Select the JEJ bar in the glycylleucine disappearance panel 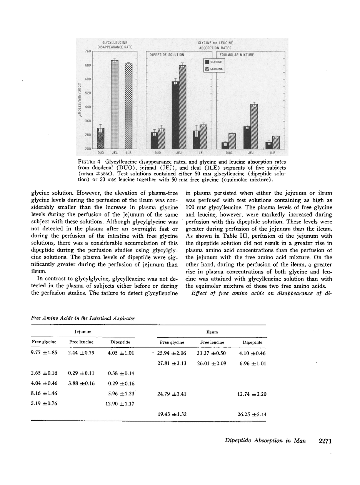pyautogui.click(x=114, y=104)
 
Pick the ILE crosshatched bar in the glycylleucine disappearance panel pyautogui.click(x=128, y=106)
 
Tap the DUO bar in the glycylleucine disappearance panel pyautogui.click(x=100, y=138)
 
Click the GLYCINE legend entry pyautogui.click(x=215, y=62)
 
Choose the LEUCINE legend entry pyautogui.click(x=215, y=69)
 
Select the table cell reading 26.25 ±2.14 pyautogui.click(x=252, y=414)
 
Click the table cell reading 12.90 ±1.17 pyautogui.click(x=120, y=404)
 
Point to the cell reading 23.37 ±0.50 pyautogui.click(x=211, y=353)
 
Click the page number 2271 pyautogui.click(x=325, y=441)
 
